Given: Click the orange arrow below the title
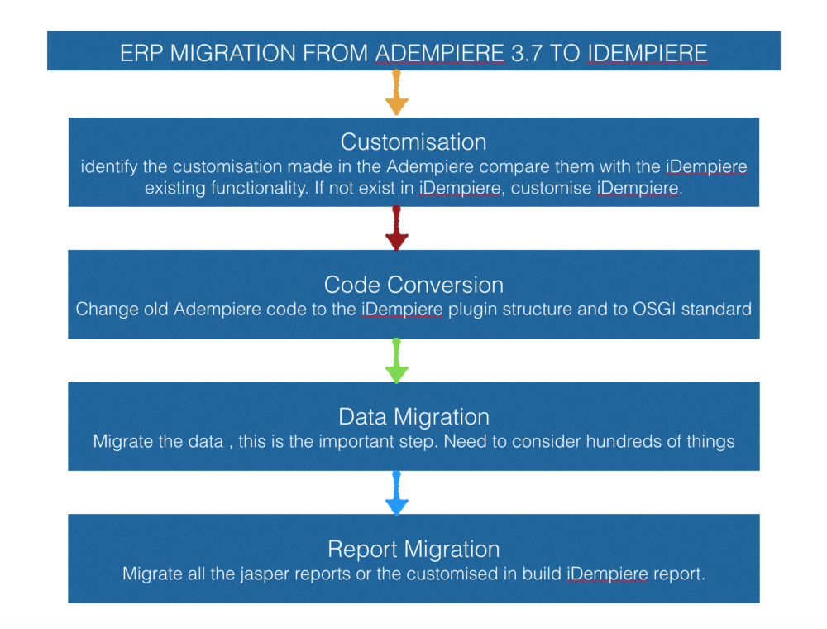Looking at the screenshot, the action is [x=397, y=93].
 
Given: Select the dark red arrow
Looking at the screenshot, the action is [x=397, y=228].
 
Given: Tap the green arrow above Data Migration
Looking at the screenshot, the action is [x=397, y=360].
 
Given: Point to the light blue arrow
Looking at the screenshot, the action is [x=397, y=493].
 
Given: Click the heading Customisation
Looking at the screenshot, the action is [x=413, y=142].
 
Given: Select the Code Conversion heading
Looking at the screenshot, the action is [x=413, y=285].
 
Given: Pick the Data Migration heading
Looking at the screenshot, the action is [x=414, y=417].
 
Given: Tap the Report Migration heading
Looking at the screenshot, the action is [x=413, y=550].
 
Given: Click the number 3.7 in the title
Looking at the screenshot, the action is [x=527, y=53].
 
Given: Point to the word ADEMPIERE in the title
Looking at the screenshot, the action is [x=440, y=53].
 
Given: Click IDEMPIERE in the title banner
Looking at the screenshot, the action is [x=648, y=53].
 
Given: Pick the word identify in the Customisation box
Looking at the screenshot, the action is [x=108, y=167].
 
